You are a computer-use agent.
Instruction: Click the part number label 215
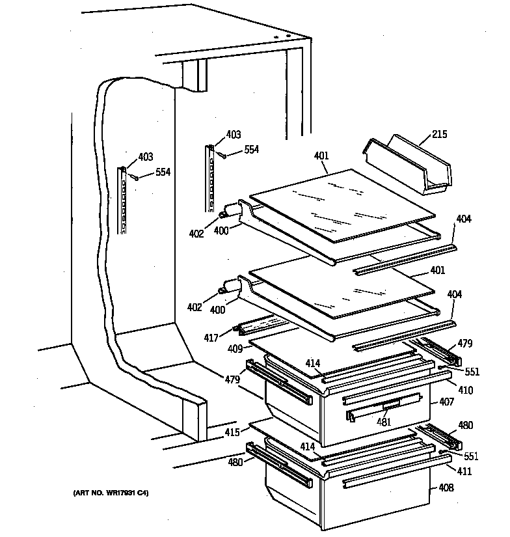click(x=439, y=135)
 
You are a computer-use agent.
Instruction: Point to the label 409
click(x=235, y=348)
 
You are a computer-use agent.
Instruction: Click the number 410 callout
click(x=465, y=391)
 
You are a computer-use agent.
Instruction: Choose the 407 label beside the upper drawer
click(x=446, y=402)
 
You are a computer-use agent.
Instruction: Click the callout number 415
click(x=233, y=432)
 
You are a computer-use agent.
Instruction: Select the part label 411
click(x=464, y=471)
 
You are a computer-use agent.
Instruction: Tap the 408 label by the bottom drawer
click(x=446, y=488)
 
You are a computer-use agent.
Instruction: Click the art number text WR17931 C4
click(x=111, y=494)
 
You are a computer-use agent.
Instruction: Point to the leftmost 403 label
click(x=145, y=157)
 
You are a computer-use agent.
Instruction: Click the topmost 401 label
click(x=321, y=156)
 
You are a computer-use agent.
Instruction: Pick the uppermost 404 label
click(x=463, y=220)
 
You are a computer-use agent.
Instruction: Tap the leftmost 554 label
click(x=163, y=172)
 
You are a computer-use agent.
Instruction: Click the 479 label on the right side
click(x=464, y=344)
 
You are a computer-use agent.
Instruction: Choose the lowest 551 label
click(x=470, y=456)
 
